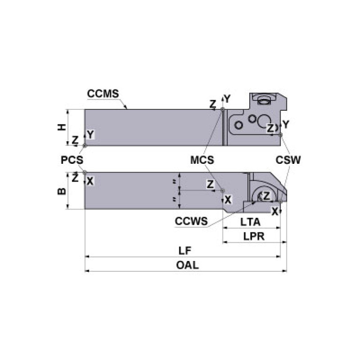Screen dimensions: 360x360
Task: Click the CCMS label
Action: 102,93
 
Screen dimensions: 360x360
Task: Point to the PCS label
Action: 72,160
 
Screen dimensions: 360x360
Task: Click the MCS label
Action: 202,160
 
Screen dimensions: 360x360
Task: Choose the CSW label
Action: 288,160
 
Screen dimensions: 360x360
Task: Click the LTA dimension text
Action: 252,221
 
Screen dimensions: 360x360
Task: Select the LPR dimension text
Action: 253,236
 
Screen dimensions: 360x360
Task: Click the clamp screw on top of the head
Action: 265,99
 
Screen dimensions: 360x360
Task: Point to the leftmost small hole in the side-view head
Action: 239,125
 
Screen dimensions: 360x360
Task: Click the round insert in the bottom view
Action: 261,196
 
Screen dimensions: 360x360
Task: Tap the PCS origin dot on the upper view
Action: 85,146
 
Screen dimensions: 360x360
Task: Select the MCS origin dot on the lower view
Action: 222,191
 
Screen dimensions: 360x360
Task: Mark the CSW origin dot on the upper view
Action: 280,135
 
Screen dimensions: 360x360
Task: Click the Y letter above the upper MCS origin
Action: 227,99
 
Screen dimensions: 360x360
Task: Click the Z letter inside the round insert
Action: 266,196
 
